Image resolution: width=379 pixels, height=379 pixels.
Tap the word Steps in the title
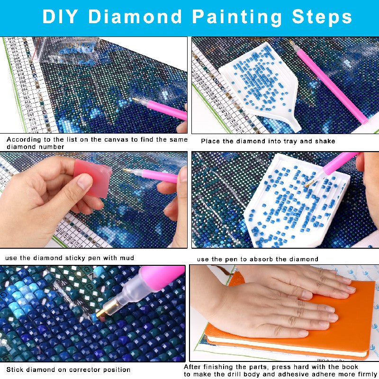pos(322,17)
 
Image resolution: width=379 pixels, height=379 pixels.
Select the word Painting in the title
pos(236,17)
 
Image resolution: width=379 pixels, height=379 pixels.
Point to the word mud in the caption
pos(127,258)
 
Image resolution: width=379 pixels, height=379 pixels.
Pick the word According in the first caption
pos(23,140)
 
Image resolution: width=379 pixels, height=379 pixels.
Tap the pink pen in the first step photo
pos(161,109)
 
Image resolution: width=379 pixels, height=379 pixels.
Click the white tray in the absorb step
pos(284,199)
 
